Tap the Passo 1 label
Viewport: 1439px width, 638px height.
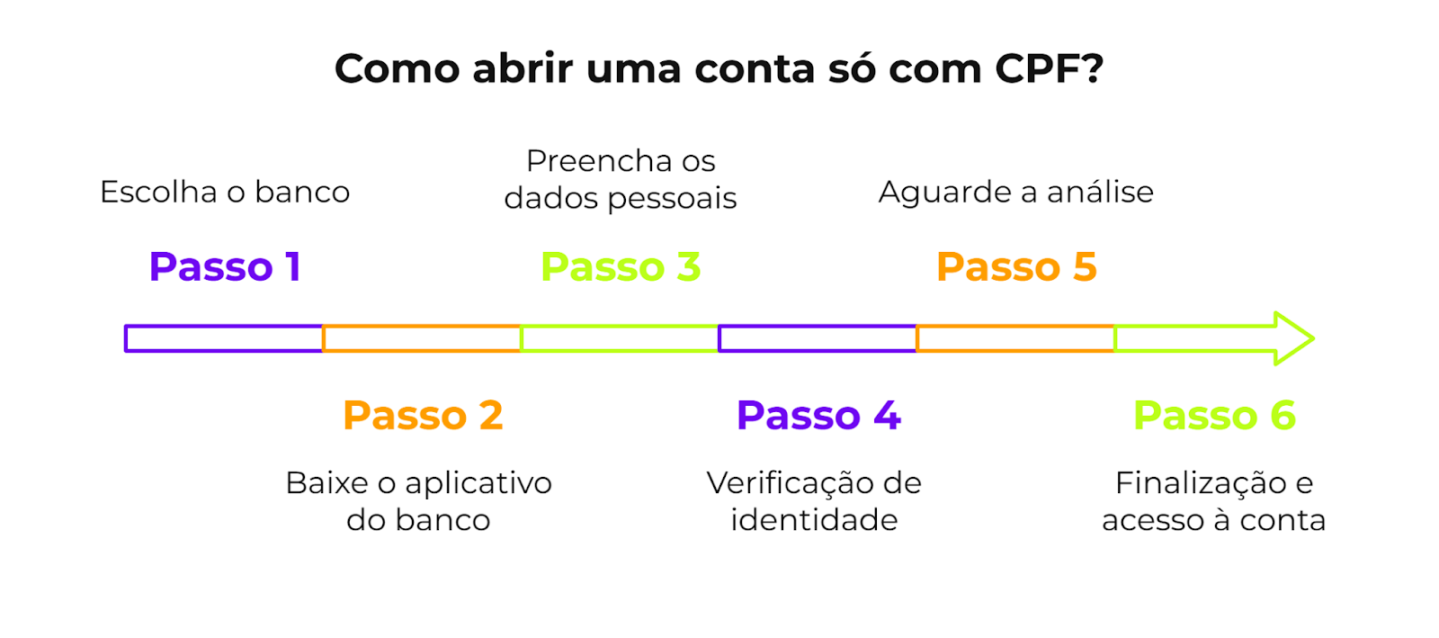(x=225, y=266)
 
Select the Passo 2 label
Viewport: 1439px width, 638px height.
(x=423, y=415)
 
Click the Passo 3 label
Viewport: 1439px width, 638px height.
(x=621, y=266)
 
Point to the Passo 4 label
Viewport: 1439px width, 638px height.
(x=818, y=415)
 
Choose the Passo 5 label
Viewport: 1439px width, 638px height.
(x=1016, y=266)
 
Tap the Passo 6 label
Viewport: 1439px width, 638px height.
(x=1214, y=415)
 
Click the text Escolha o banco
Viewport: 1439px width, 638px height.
(x=225, y=192)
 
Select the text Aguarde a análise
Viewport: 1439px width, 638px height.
(x=1016, y=192)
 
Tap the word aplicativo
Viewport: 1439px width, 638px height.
(x=478, y=483)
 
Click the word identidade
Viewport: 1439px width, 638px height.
(x=814, y=520)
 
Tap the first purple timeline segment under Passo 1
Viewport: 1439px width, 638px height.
(x=224, y=338)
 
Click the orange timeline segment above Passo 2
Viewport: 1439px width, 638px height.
(x=422, y=338)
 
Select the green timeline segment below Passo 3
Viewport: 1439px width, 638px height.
(x=620, y=338)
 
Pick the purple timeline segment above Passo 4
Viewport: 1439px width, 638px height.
(x=818, y=338)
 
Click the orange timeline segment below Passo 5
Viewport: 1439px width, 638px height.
(x=1015, y=338)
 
